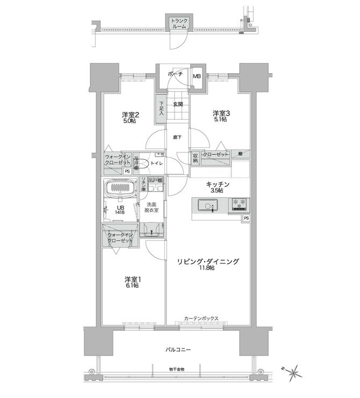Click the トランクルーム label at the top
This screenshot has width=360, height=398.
coord(179,23)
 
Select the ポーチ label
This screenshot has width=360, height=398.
coord(175,74)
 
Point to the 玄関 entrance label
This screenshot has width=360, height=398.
coord(178,104)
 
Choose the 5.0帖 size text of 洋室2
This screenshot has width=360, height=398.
coord(129,121)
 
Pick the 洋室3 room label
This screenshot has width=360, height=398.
coord(221,113)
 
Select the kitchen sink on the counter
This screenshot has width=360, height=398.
coord(207,206)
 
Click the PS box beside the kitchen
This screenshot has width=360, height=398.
coord(246,218)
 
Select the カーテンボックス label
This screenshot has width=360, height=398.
coord(201,318)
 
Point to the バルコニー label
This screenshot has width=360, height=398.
coord(178,350)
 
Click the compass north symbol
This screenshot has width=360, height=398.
coord(293,372)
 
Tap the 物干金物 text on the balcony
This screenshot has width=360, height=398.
coord(175,369)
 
